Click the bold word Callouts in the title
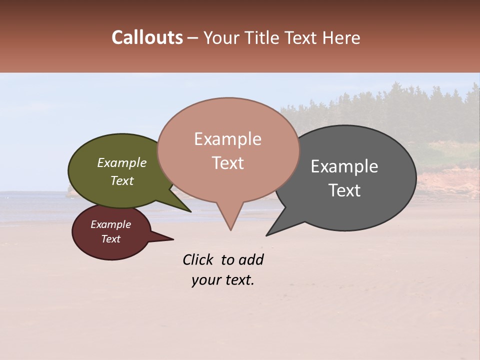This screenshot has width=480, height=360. pos(147,37)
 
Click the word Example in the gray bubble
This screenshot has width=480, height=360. pos(344,166)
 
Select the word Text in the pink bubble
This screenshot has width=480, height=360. pos(228,163)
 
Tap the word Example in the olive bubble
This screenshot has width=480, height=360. pos(122,162)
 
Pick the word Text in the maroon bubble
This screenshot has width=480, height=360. pos(111,239)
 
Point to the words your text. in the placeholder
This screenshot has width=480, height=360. pos(223,280)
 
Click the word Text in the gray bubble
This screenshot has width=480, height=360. pos(344,190)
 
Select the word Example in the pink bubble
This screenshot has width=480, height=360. pos(228,139)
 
